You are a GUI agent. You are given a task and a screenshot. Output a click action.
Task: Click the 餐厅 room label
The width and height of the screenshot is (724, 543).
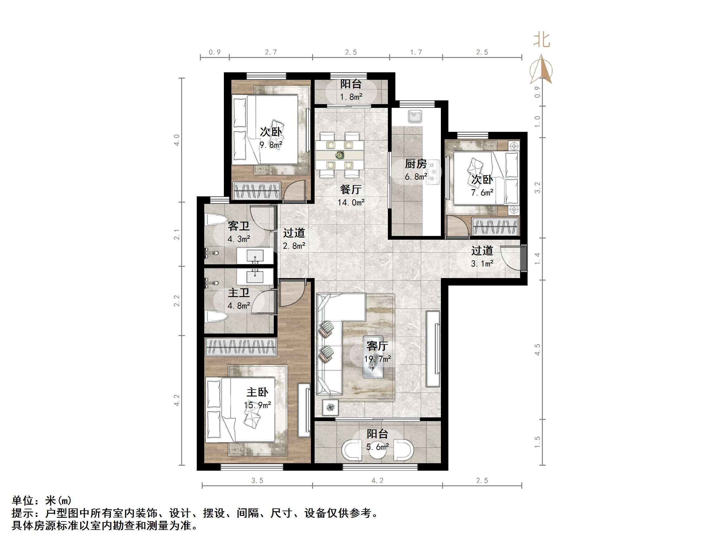[x=350, y=190]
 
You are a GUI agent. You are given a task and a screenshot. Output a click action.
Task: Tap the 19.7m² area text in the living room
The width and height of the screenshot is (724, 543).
[x=377, y=359]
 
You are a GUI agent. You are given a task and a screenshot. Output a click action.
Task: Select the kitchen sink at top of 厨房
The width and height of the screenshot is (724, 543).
[x=415, y=117]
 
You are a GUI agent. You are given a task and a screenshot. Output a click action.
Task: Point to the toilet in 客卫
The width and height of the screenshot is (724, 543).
[x=216, y=220]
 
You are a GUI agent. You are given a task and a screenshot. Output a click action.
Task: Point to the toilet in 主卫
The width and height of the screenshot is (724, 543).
[x=216, y=317]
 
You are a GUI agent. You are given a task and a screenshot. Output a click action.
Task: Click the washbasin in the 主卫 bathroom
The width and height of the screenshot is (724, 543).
[x=255, y=276]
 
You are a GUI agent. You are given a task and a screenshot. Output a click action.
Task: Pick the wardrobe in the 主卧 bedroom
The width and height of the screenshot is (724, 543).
[x=241, y=347]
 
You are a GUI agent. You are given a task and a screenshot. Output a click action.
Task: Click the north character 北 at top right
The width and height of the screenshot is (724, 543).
[x=542, y=40]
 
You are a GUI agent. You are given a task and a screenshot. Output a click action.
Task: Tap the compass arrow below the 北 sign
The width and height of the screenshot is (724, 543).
[x=542, y=70]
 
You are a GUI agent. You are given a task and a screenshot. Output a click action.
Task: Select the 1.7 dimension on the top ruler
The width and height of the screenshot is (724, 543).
[x=416, y=52]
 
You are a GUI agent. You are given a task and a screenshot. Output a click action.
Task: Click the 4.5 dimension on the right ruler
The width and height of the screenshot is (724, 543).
[x=537, y=349]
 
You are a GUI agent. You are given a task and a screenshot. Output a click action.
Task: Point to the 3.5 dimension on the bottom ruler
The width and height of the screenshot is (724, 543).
[x=257, y=480]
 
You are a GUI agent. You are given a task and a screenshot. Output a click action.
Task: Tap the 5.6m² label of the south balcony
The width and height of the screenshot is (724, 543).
[x=377, y=447]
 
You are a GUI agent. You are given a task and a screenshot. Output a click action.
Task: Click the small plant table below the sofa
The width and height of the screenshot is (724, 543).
[x=331, y=407]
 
